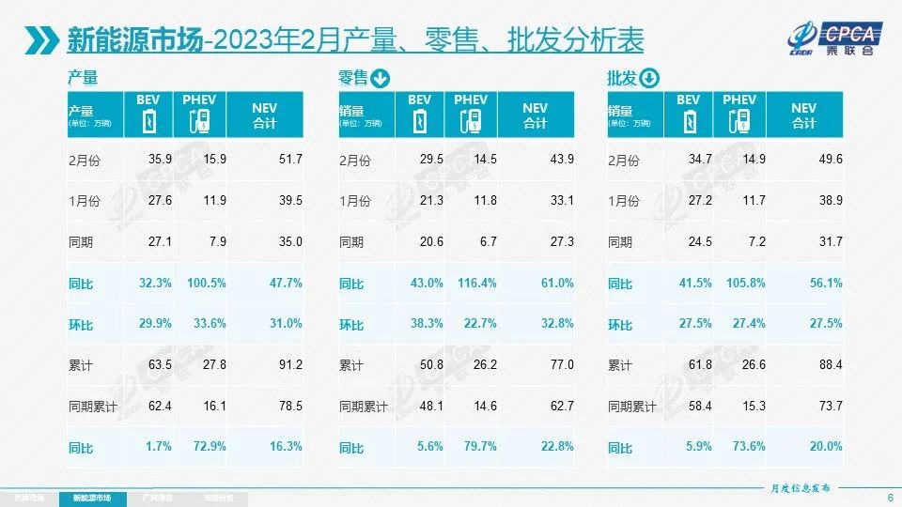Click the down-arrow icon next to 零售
(381, 79)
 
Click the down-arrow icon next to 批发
(650, 79)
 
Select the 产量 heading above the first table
(83, 79)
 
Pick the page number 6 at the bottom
(889, 497)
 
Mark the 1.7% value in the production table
(159, 447)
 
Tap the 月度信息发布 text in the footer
(794, 487)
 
